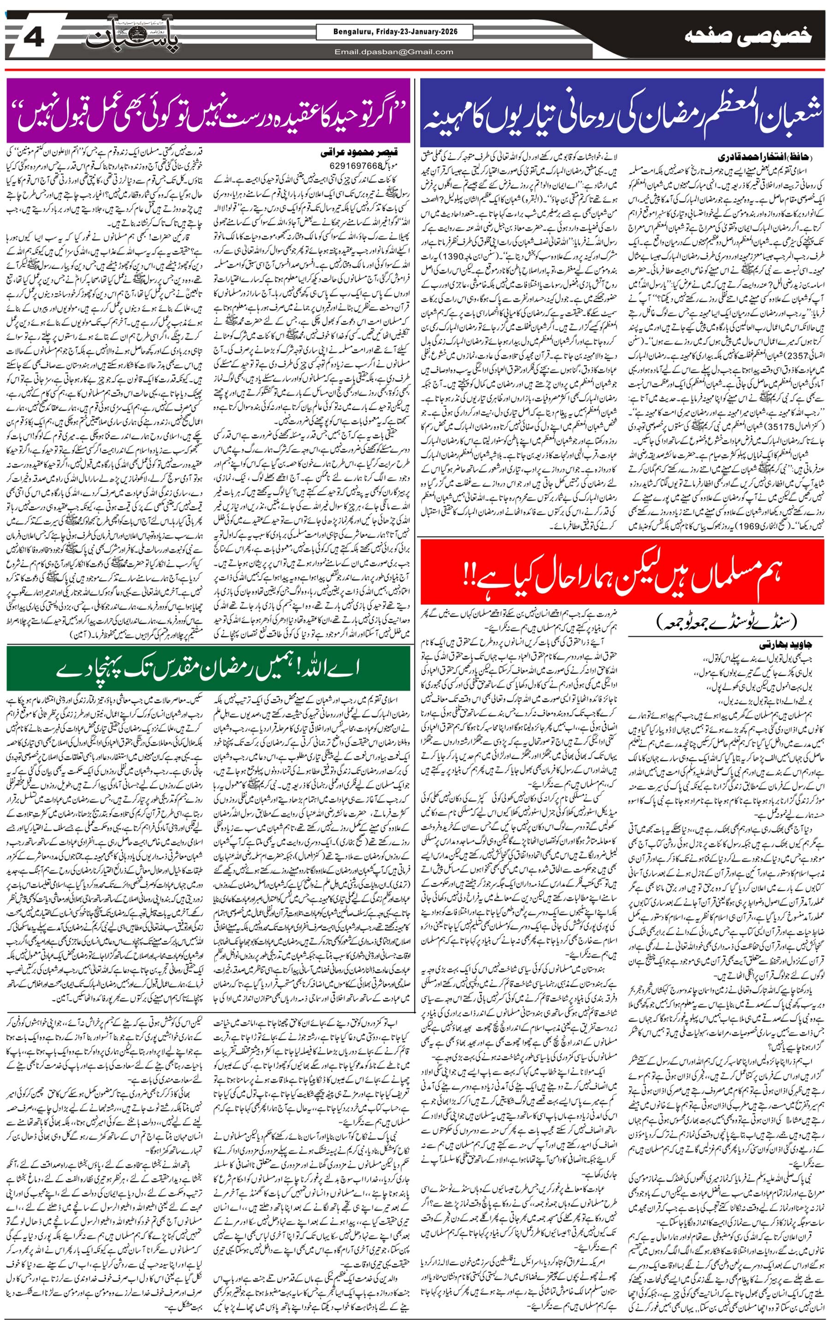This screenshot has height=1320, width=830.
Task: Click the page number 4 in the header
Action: click(34, 39)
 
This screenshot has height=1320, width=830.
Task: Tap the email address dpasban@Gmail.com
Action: click(394, 52)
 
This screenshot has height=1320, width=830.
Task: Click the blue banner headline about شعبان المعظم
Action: click(622, 113)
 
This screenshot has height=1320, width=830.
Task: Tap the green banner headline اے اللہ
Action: click(208, 668)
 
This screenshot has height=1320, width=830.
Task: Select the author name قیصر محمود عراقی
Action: click(359, 153)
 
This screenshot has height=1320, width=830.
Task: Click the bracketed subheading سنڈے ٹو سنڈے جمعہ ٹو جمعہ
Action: click(727, 622)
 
